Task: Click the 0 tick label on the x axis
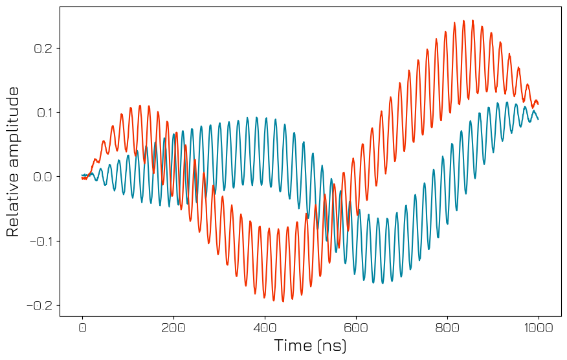click(x=82, y=328)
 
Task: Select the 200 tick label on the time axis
click(x=173, y=328)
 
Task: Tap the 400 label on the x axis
click(x=265, y=328)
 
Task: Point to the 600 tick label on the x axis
click(x=356, y=328)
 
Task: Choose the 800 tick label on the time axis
click(x=447, y=328)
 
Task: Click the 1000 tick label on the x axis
click(x=539, y=328)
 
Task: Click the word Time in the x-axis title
click(x=293, y=346)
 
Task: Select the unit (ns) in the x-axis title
click(x=331, y=346)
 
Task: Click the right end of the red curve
click(x=538, y=104)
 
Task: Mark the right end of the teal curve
click(x=538, y=119)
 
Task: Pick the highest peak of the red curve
click(x=472, y=20)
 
